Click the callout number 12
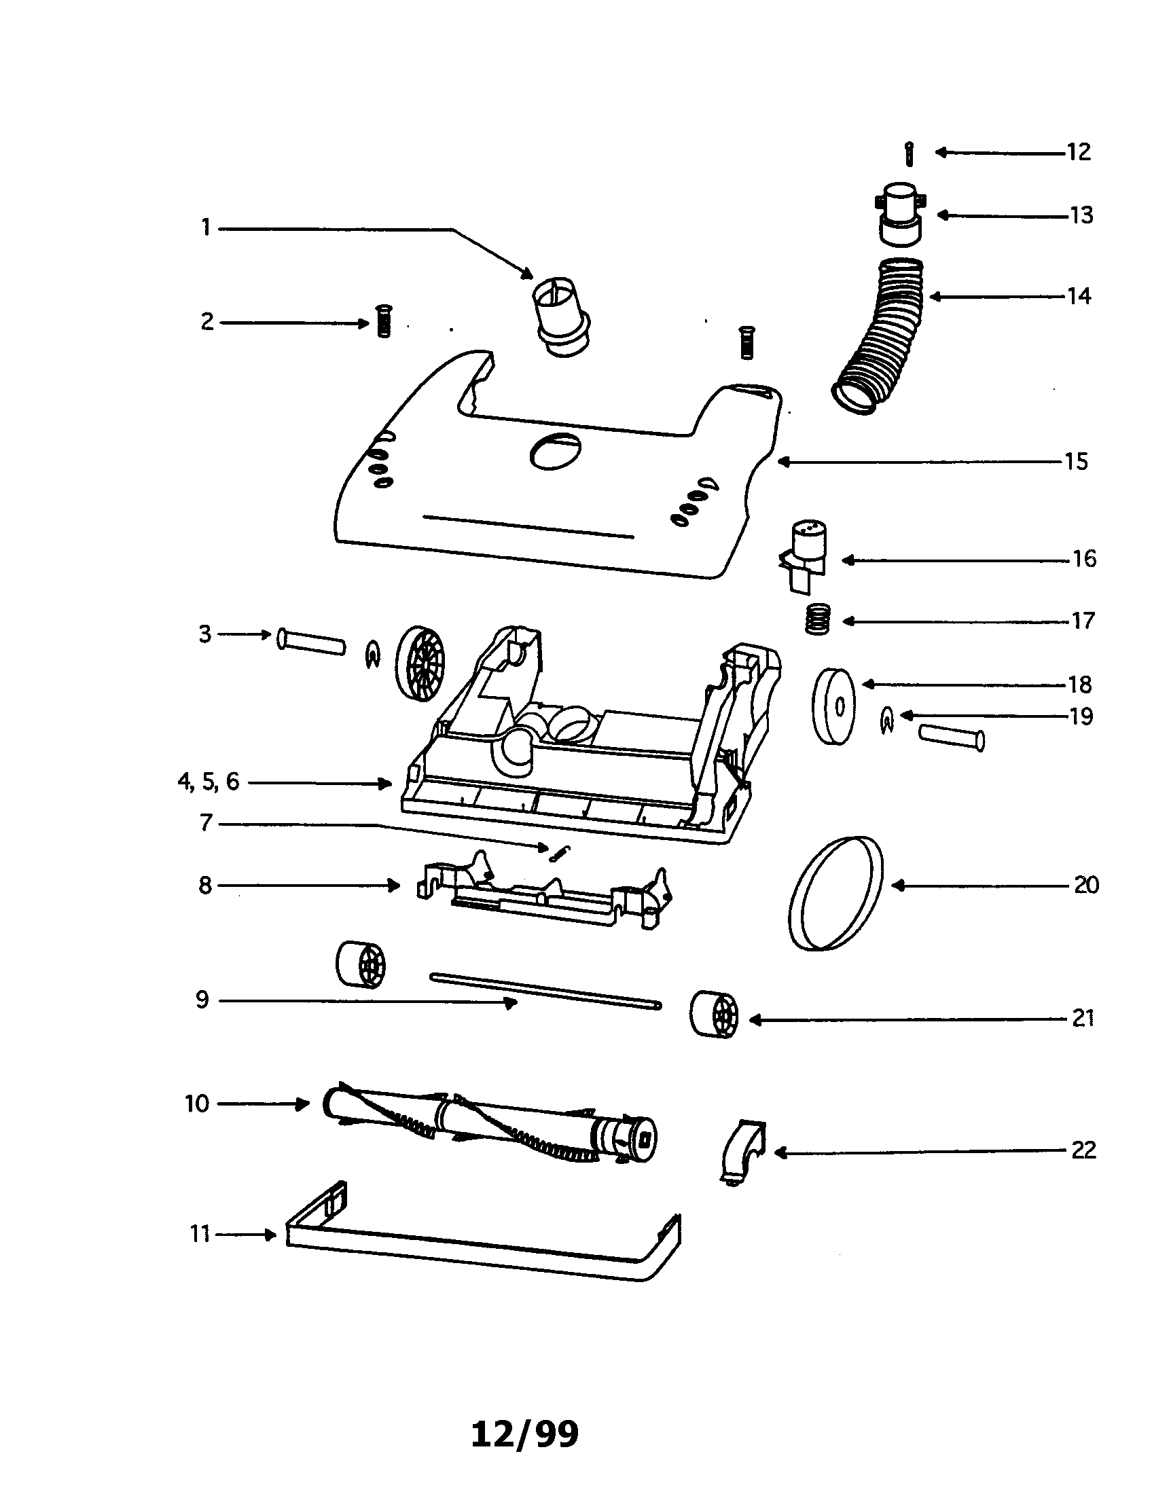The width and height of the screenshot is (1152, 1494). (x=1079, y=152)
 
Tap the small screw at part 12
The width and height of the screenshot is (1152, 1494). (x=908, y=154)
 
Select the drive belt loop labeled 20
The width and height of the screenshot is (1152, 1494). (x=835, y=894)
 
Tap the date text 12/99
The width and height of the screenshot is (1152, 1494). (x=524, y=1434)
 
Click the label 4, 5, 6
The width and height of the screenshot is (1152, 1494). (x=209, y=782)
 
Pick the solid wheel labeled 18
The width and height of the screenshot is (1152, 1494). (x=834, y=706)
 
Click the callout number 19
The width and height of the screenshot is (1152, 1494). (x=1081, y=716)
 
